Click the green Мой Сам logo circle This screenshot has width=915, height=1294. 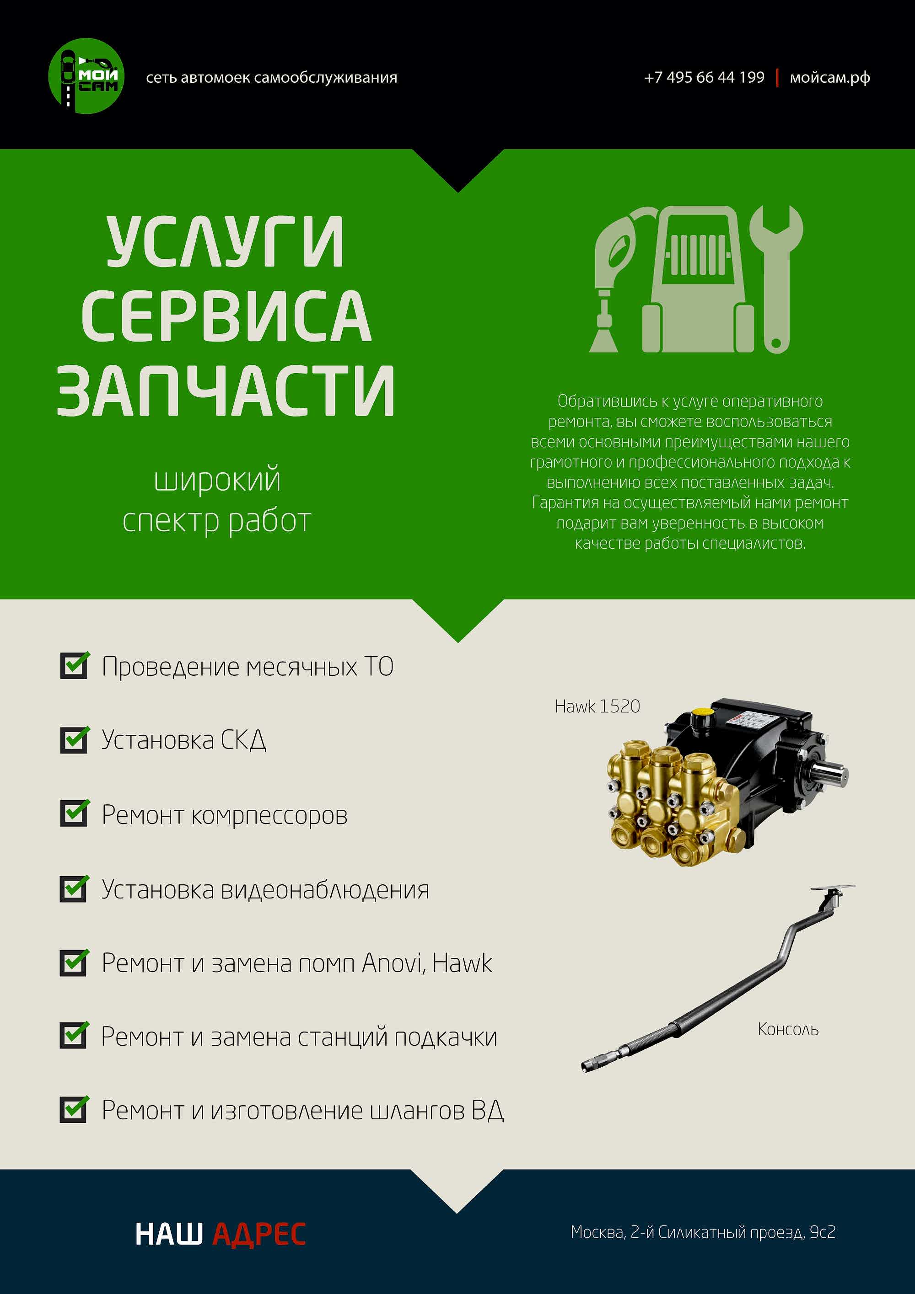pos(86,76)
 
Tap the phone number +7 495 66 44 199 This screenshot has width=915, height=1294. pos(704,77)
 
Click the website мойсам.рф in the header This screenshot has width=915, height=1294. pos(830,78)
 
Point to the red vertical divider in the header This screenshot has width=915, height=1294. pos(777,78)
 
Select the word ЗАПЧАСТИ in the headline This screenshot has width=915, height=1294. pos(226,390)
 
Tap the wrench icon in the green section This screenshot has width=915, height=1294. pos(776,279)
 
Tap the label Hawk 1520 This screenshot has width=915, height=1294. pos(597,706)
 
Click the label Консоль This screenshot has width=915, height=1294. pos(788,1030)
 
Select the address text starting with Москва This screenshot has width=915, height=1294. pos(703,1233)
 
